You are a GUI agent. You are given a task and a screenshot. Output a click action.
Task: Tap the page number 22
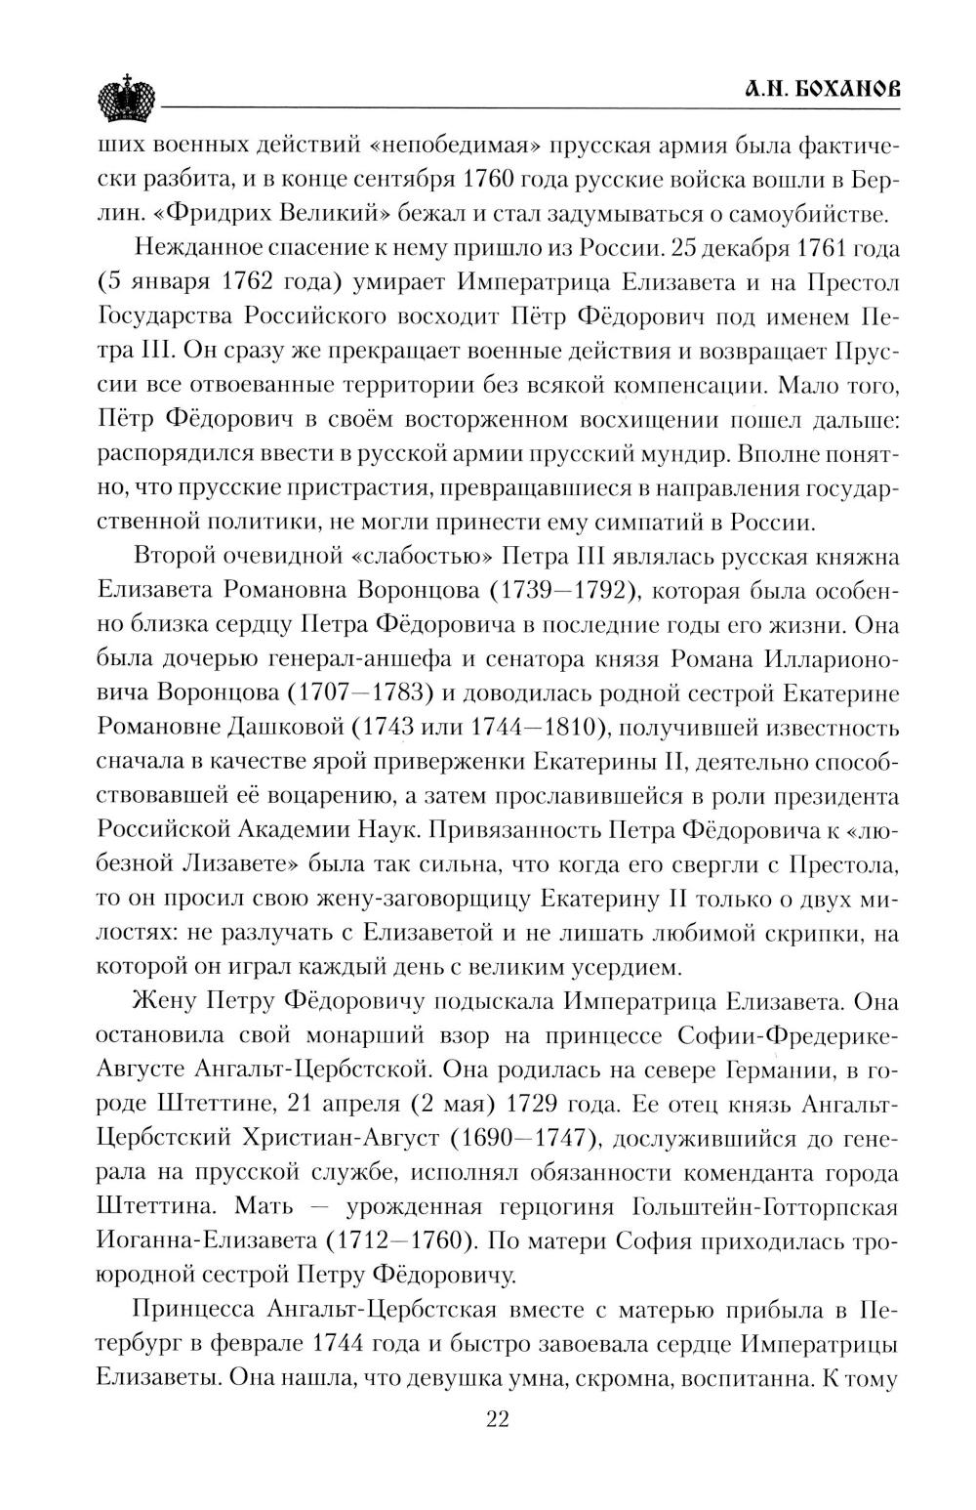(x=498, y=1447)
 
